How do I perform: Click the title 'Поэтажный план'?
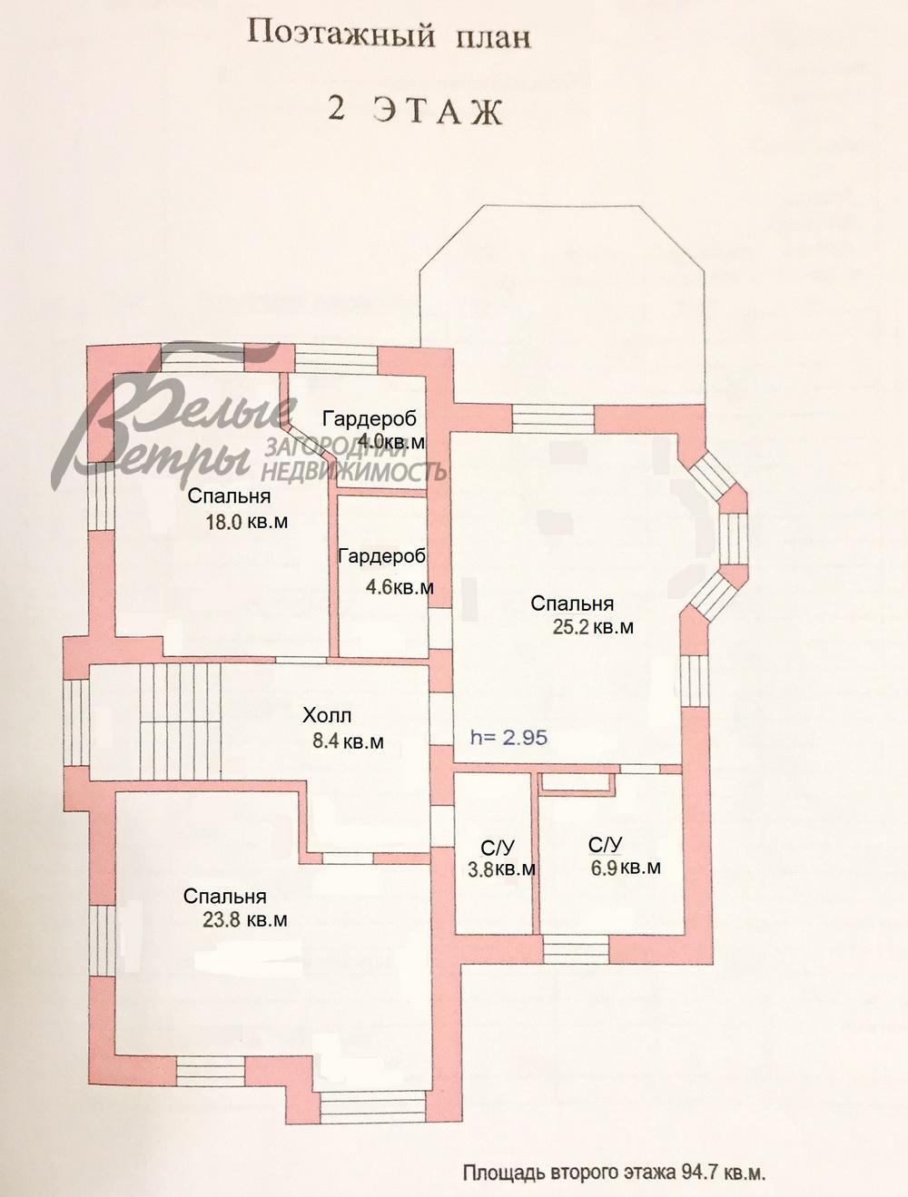(389, 36)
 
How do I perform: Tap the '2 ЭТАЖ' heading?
(415, 113)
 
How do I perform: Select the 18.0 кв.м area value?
(247, 522)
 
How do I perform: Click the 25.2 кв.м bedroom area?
(593, 627)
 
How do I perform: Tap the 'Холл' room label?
(328, 715)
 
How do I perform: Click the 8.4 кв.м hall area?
(348, 741)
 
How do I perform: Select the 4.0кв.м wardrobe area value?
(391, 441)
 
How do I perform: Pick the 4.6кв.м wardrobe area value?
(400, 587)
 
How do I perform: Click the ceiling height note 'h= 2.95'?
(509, 737)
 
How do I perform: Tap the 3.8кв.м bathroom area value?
(501, 869)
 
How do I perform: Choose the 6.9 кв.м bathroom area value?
(626, 867)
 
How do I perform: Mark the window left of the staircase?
(76, 722)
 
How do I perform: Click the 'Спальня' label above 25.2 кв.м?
(572, 603)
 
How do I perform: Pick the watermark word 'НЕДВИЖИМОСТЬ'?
(352, 471)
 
